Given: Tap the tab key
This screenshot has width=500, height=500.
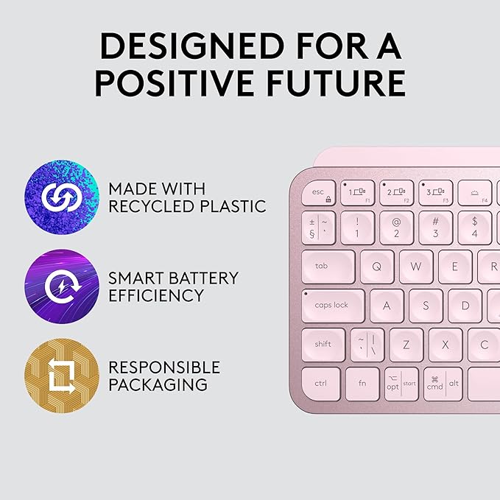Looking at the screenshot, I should coord(328,267).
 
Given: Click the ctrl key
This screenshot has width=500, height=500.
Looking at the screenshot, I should coord(321,384).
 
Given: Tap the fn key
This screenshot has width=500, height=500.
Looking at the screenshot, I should coord(362,384).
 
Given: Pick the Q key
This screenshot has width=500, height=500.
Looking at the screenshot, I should coord(376,267).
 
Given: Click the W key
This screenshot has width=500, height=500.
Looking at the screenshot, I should coord(416,267).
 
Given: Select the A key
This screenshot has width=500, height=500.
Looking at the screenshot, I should coord(386,305).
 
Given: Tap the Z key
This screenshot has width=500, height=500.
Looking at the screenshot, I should coord(406,344).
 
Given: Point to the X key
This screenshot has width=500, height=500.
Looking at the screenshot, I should coord(446,344).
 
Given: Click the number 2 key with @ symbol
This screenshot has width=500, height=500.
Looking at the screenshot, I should coord(396,228).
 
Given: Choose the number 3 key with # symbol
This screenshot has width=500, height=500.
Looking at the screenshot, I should coord(435,228).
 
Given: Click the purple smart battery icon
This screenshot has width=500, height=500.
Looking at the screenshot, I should coord(61,286).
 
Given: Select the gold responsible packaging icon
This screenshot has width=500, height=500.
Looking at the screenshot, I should coord(61,376).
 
